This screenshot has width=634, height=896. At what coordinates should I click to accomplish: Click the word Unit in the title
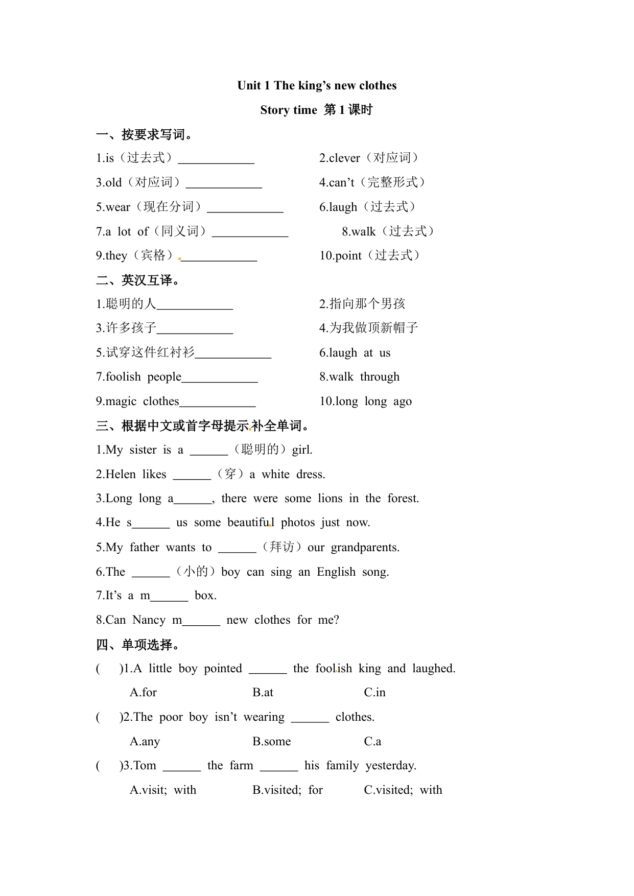click(x=249, y=86)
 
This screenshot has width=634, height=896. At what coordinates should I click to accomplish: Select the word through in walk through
click(x=380, y=377)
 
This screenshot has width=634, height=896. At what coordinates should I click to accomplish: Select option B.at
click(x=263, y=693)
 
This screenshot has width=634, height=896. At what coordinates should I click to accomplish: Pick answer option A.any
click(x=145, y=742)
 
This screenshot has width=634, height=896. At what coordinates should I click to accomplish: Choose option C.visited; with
click(x=403, y=790)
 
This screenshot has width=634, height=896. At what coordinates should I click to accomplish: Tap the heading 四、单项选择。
click(x=138, y=645)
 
